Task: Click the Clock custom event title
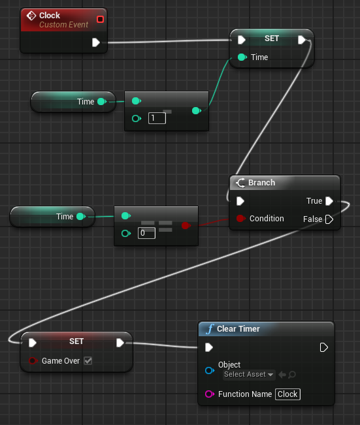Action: pyautogui.click(x=50, y=16)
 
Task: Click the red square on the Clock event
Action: pyautogui.click(x=100, y=19)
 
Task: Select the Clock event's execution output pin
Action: pyautogui.click(x=96, y=42)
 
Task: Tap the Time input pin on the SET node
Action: pyautogui.click(x=242, y=57)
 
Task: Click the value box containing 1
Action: pyautogui.click(x=157, y=118)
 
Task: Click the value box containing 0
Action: pyautogui.click(x=146, y=233)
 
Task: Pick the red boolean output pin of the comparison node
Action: pyautogui.click(x=186, y=225)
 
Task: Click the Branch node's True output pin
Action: pyautogui.click(x=329, y=201)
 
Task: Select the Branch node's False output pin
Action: pyautogui.click(x=329, y=219)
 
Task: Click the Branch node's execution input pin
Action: pyautogui.click(x=240, y=201)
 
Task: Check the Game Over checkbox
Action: pyautogui.click(x=88, y=361)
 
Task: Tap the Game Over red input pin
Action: pyautogui.click(x=33, y=361)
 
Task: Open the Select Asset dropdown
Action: pyautogui.click(x=248, y=375)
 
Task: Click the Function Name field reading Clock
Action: pyautogui.click(x=287, y=394)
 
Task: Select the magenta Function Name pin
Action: pyautogui.click(x=209, y=394)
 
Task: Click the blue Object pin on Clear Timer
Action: pyautogui.click(x=210, y=370)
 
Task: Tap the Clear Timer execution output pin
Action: pyautogui.click(x=324, y=347)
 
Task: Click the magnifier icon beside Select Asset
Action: pyautogui.click(x=292, y=375)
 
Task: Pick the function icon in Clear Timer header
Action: pyautogui.click(x=210, y=329)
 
